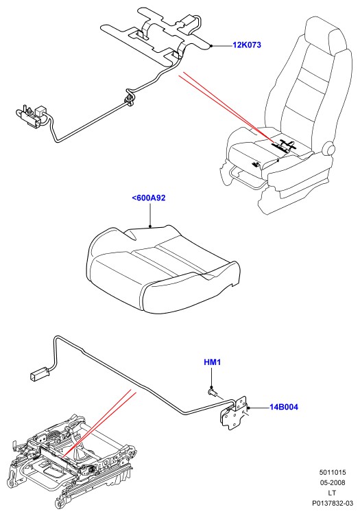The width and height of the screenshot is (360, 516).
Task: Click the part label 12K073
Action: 247,45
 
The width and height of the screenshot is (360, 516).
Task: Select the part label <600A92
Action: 149,198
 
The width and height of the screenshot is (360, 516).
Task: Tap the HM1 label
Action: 212,362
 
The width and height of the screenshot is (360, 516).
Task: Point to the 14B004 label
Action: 284,407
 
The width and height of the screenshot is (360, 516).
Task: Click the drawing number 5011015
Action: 333,472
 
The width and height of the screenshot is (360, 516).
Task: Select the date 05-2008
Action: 333,483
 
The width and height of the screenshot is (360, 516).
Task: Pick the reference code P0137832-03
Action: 333,503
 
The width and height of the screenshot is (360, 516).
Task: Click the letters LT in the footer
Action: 333,493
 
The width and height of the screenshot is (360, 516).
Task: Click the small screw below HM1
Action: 213,392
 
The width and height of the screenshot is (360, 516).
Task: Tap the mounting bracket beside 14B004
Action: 235,412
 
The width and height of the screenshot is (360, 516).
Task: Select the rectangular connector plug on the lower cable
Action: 39,375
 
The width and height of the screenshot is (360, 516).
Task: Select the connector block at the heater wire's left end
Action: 32,115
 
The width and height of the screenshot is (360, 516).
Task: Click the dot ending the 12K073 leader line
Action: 211,46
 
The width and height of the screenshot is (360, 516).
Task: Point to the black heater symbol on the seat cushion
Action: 284,145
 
